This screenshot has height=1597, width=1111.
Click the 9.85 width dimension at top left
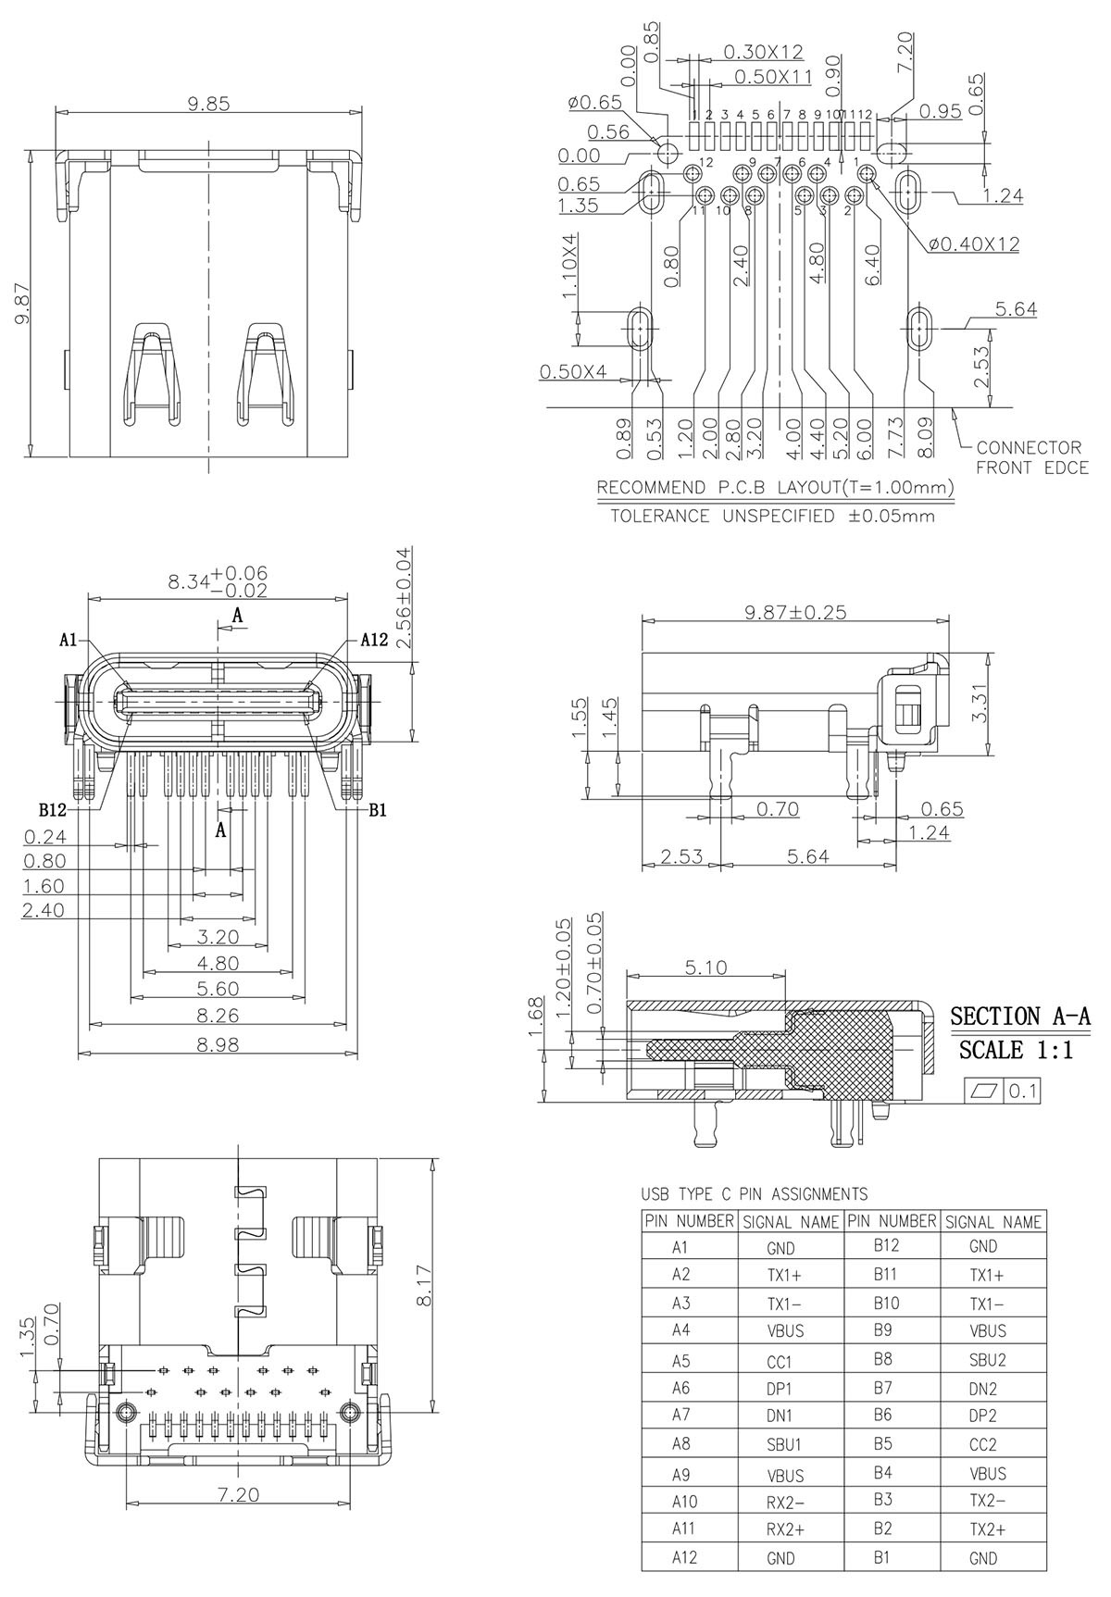(208, 104)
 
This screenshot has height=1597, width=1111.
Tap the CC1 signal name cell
(780, 1362)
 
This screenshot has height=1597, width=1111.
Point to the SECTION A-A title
(1020, 1017)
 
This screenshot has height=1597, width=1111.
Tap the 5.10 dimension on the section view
(705, 968)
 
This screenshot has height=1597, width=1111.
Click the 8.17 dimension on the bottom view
(423, 1287)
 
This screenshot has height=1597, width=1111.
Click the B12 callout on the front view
(53, 810)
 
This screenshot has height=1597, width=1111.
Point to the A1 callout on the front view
(68, 640)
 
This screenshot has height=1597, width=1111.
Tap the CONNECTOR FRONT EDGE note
(1031, 457)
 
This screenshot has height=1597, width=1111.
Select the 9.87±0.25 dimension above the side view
(795, 612)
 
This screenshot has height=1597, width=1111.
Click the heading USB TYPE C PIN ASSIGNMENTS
(755, 1194)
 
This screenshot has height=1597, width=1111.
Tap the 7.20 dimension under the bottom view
(239, 1494)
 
